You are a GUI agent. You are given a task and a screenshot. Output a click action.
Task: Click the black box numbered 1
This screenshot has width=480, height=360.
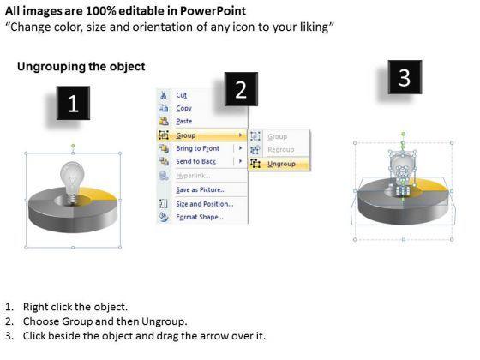(x=73, y=103)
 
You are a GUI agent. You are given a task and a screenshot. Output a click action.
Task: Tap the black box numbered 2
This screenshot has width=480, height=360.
(x=241, y=89)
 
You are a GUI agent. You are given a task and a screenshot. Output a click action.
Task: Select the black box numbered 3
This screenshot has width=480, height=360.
(x=405, y=77)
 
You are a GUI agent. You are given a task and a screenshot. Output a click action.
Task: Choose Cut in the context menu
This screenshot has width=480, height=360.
(x=181, y=95)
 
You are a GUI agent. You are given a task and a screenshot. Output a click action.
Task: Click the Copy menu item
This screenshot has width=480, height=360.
(x=183, y=108)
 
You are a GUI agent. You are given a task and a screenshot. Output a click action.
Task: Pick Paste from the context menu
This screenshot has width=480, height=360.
(x=184, y=121)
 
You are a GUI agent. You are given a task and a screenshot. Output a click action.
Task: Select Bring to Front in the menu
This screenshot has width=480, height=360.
(x=197, y=148)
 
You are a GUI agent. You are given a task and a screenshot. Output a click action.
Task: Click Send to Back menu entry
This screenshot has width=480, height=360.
(x=195, y=161)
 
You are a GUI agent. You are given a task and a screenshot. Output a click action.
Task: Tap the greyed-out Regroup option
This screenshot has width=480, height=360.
(x=281, y=150)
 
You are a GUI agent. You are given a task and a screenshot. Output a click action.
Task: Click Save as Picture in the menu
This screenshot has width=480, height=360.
(x=201, y=189)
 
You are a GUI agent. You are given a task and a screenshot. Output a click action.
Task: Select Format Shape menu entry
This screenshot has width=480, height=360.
(x=200, y=217)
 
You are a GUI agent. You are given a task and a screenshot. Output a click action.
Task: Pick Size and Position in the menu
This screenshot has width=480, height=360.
(x=205, y=204)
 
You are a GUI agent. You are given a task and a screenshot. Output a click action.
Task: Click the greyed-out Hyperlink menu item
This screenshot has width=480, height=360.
(x=193, y=176)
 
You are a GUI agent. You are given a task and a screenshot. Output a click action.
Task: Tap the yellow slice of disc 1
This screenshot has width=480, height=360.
(x=99, y=195)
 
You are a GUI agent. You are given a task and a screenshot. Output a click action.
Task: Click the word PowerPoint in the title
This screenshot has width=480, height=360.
(x=213, y=11)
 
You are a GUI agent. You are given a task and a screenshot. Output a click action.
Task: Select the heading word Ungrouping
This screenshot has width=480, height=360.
(x=50, y=67)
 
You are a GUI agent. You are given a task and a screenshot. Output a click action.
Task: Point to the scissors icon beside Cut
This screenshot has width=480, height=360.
(x=164, y=95)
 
